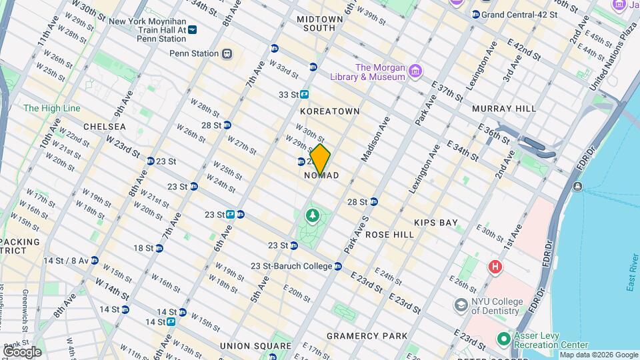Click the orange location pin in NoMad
coord(320,159)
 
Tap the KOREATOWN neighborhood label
coord(330,111)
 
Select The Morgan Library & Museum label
coord(380,72)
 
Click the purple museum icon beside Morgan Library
coord(415,71)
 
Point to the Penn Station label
coord(194,53)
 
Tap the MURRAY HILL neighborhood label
coord(503,108)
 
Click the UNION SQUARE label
coord(256,346)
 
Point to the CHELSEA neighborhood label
coord(105,127)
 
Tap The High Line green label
coord(52,108)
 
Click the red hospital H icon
coord(495,268)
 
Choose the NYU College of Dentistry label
coord(496,306)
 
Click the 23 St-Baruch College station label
coord(291,266)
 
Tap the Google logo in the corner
coord(22,352)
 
